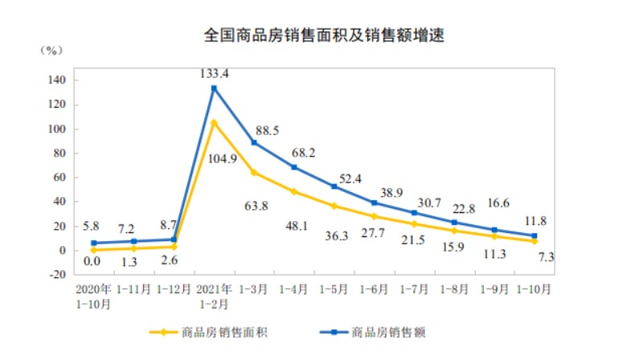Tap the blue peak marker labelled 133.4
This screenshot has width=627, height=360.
(215, 88)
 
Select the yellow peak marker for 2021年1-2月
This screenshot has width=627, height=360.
(215, 123)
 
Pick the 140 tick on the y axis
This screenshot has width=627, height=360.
(56, 80)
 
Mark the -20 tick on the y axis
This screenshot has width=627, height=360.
(56, 274)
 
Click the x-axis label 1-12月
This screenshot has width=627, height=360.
(174, 288)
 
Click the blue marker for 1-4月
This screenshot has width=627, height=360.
(294, 167)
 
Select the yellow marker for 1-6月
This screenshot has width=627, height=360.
(374, 216)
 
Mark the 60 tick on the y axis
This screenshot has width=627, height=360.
(59, 178)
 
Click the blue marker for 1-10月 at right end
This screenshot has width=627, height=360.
(534, 235)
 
